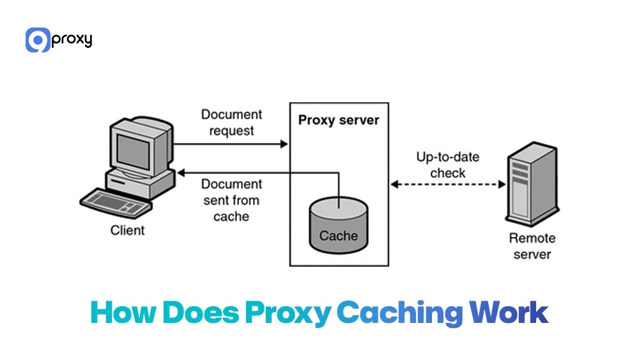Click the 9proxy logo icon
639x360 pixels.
pos(38,40)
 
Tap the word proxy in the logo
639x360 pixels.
pos(72,40)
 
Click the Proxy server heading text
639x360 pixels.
pos(339,120)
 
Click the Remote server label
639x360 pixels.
pos(532,246)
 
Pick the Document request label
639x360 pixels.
pos(231,123)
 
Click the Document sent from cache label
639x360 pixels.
pos(231,200)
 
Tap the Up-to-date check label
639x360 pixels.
pos(447,165)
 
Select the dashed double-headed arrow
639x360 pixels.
pos(448,184)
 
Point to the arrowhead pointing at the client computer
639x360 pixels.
pos(181,172)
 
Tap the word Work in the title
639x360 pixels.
pos(509,313)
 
